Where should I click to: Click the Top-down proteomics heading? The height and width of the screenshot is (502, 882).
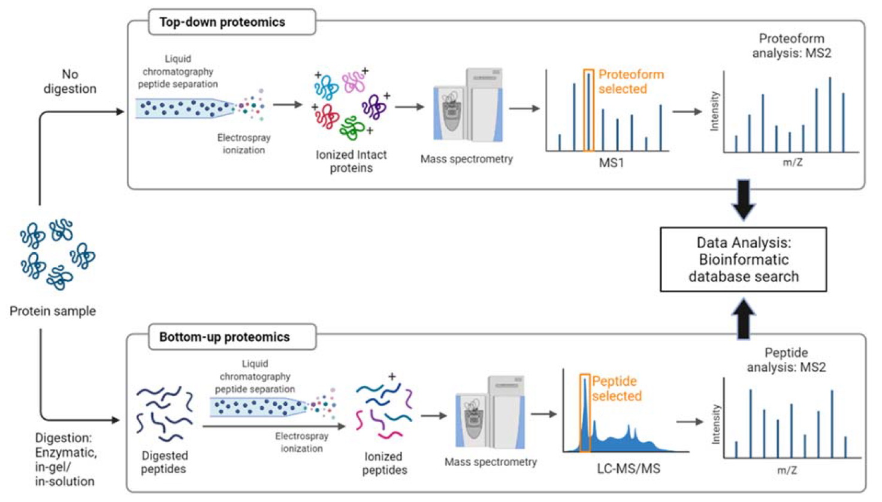click(222, 23)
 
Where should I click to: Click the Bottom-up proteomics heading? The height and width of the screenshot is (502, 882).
click(224, 337)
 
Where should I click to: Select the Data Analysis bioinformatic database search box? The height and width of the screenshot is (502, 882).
click(743, 259)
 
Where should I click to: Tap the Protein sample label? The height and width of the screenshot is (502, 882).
click(53, 311)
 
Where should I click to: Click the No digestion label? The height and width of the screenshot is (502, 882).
click(70, 81)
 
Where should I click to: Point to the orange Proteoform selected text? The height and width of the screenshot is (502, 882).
click(630, 81)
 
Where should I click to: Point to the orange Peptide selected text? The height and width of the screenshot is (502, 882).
click(616, 388)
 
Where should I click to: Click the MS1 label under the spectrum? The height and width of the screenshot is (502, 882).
click(611, 162)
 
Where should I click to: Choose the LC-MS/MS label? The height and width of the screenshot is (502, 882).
click(629, 468)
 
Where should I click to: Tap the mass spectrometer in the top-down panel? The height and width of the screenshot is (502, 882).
click(468, 106)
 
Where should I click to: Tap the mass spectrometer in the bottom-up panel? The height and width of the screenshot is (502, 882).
click(490, 413)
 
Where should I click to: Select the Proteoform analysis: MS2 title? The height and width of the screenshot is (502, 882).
click(791, 46)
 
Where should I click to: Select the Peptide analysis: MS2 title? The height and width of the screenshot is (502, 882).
click(786, 359)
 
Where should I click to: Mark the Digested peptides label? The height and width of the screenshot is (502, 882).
click(164, 462)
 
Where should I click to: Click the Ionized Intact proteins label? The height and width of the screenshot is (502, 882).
click(351, 161)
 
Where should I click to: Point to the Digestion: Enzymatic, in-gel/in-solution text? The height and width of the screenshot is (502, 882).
click(65, 459)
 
